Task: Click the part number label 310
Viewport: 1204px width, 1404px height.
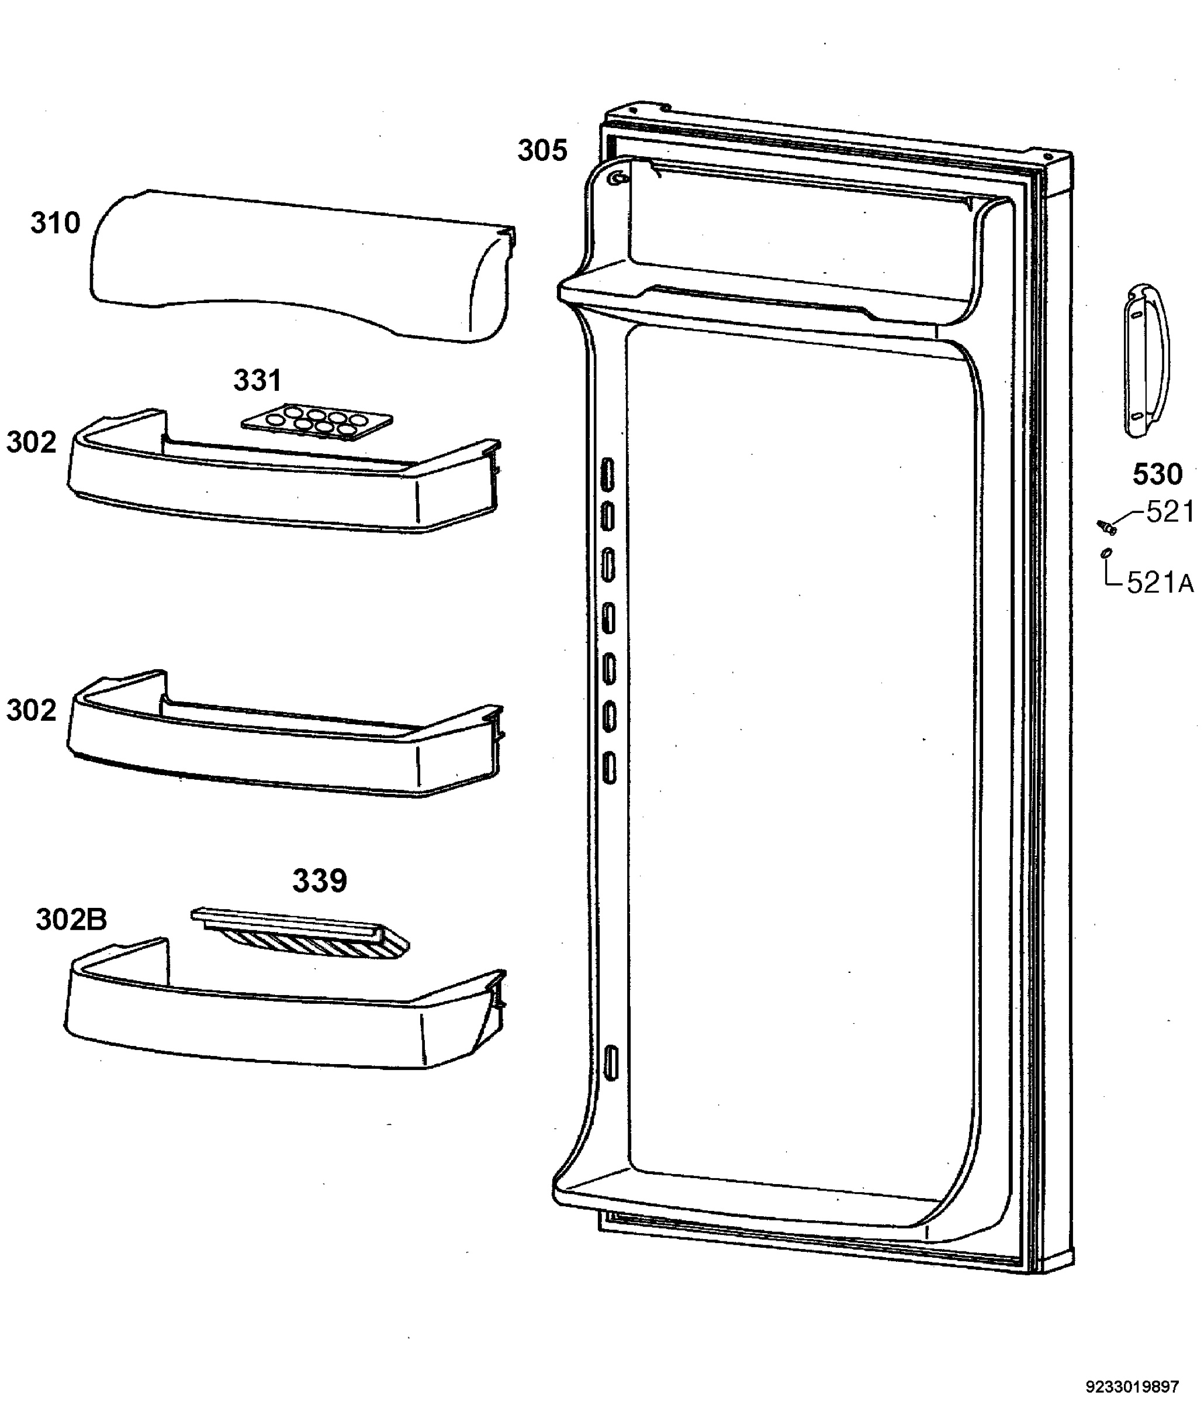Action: (56, 223)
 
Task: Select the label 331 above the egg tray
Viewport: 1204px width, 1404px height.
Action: (257, 381)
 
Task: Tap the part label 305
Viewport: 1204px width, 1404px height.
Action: (542, 150)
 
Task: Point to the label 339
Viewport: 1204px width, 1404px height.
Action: (320, 881)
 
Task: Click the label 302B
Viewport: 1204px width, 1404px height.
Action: (71, 920)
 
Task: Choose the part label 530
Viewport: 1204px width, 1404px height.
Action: (1158, 474)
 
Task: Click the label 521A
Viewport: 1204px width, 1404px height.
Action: (1160, 583)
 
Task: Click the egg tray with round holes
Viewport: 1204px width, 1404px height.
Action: (317, 422)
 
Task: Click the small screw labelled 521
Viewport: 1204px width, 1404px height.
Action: (1106, 526)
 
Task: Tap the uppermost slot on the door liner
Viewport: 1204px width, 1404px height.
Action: (607, 474)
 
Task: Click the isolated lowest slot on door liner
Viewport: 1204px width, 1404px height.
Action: (610, 1062)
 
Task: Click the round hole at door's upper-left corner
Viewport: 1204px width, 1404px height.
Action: (616, 178)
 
